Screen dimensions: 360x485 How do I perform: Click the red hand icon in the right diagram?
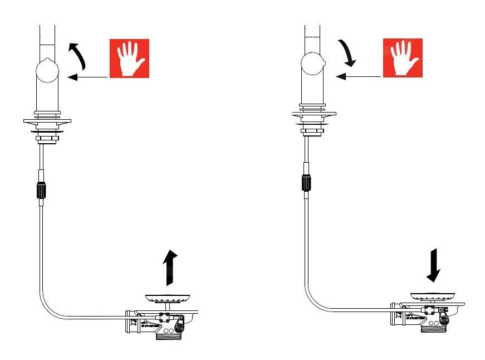402,59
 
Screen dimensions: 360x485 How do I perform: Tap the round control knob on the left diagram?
47,71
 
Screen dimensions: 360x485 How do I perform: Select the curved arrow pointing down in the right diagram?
349,53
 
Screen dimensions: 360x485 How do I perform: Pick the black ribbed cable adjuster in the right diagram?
306,182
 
